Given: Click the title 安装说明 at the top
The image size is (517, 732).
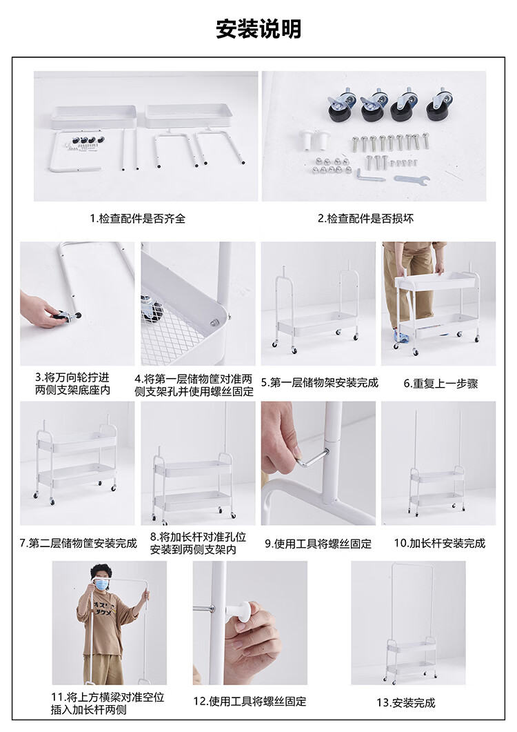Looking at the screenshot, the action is [258, 29].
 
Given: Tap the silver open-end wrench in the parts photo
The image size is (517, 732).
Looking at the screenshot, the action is [411, 180].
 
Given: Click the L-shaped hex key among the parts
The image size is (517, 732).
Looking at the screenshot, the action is [369, 175].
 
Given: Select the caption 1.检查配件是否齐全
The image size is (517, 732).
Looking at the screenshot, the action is [138, 219].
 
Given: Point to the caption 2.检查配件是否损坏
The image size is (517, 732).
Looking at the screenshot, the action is [366, 219].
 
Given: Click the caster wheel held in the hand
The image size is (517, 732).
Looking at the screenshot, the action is [68, 317].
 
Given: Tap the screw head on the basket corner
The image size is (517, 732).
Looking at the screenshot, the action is [215, 322].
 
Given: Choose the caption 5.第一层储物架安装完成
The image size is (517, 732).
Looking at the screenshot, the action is [320, 384].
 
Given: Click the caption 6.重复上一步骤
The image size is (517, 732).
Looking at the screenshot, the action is [441, 384].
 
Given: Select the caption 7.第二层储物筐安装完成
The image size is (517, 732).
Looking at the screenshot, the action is [79, 544].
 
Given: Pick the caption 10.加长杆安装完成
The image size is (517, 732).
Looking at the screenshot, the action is [440, 544].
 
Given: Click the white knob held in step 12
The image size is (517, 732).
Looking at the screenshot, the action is [241, 612].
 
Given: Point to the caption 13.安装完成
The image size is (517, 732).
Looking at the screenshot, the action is [406, 702].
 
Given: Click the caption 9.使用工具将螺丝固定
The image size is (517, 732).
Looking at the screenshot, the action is [318, 544].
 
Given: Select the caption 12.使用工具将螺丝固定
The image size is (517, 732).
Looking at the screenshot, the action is [250, 701].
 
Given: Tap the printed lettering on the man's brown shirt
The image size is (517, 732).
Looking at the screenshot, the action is [102, 609].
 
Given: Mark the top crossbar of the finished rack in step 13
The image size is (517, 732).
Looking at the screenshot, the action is [413, 564].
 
